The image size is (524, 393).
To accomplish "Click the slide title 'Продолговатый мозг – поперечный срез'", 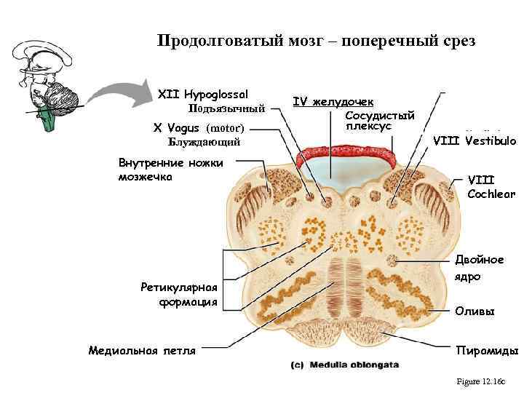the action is click(317, 41).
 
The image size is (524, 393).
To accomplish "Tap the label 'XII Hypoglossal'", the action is click(203, 95).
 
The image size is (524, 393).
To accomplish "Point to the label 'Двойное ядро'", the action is click(479, 268).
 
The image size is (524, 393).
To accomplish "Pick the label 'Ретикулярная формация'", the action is click(179, 294).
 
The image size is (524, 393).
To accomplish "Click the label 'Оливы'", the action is click(475, 311).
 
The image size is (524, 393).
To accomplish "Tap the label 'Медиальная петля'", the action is click(142, 351).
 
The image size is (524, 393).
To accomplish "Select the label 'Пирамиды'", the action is click(486, 351).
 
